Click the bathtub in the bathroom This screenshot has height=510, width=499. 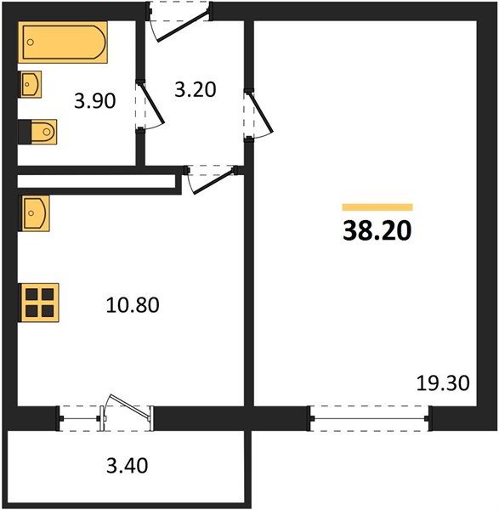click(x=63, y=42)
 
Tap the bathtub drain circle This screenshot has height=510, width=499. click(x=31, y=42)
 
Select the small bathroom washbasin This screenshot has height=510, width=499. click(x=31, y=84)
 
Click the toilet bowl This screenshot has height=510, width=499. click(x=44, y=132)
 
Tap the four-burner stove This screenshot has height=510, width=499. click(x=40, y=303)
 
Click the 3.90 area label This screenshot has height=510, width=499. click(x=94, y=101)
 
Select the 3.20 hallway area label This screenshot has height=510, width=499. click(x=196, y=89)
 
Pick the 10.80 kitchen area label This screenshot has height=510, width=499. click(x=133, y=305)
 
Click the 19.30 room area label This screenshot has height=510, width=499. click(x=443, y=383)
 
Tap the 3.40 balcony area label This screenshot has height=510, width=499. click(x=128, y=465)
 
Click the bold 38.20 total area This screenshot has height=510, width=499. click(x=377, y=230)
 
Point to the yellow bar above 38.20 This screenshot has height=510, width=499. click(x=377, y=207)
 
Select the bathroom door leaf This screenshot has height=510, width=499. click(x=152, y=104)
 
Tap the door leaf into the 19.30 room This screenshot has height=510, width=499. click(x=261, y=112)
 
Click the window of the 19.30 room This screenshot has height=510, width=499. click(x=370, y=418)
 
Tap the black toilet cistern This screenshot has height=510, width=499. click(x=25, y=132)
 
